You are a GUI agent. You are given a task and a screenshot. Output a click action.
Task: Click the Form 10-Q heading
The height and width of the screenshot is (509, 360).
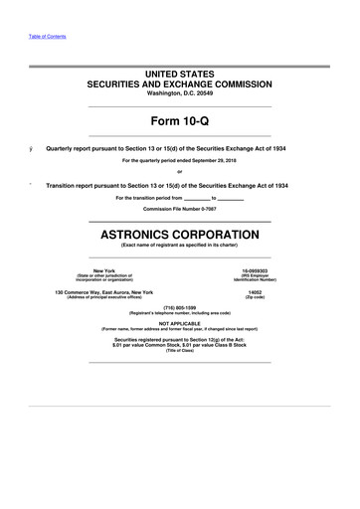180,120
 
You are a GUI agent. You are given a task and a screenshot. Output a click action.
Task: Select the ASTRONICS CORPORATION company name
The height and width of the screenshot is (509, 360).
180,235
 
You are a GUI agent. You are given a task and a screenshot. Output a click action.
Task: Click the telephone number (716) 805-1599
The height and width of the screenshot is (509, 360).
180,307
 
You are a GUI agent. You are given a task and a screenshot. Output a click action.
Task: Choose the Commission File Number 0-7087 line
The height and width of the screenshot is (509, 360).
180,209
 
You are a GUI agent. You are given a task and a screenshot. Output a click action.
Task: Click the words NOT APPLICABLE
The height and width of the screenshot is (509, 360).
180,322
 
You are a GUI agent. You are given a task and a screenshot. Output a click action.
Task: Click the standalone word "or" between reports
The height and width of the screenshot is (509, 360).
180,172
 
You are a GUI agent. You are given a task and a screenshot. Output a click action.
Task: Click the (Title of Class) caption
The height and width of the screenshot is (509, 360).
180,353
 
